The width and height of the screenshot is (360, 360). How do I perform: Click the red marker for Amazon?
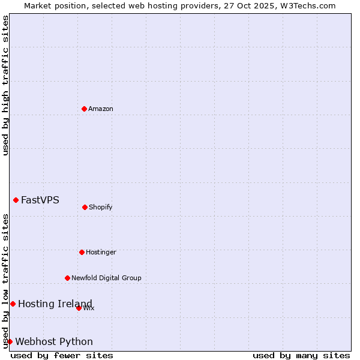point(84,109)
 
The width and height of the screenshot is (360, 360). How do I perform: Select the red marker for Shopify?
point(85,207)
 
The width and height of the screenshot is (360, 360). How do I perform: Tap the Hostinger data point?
point(82,252)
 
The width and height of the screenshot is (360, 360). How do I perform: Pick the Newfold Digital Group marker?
point(67,278)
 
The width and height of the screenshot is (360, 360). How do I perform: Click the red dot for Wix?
point(79,308)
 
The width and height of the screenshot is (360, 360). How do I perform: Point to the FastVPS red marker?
point(16,200)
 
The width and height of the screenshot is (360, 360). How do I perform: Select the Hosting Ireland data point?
point(13,304)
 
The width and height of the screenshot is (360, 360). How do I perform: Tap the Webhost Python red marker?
point(10,341)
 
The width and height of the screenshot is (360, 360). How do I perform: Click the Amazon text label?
point(101,109)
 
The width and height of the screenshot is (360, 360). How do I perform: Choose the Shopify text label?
point(101,207)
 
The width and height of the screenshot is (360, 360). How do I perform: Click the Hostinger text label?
point(101,252)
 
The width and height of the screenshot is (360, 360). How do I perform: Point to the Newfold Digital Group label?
point(106,278)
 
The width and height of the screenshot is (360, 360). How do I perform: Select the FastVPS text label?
point(40,200)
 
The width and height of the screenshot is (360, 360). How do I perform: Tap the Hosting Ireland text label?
point(55,304)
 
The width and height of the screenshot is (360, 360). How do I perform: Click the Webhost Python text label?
point(54,341)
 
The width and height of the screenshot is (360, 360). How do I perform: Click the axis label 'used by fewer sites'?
point(62,355)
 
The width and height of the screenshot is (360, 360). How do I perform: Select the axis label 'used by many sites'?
point(301,355)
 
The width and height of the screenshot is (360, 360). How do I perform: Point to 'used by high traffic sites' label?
point(5,85)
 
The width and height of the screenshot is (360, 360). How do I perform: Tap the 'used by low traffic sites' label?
point(5,281)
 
